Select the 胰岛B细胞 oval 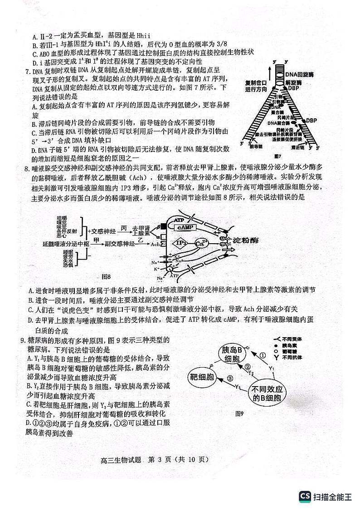[x=231, y=354]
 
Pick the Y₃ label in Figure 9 [x=238, y=387]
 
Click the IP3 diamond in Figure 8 [x=182, y=244]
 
